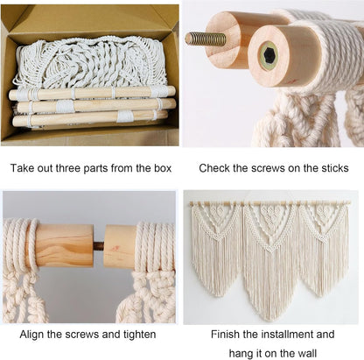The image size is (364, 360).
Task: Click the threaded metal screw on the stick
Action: (206, 39)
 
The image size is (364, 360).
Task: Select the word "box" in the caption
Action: (163, 168)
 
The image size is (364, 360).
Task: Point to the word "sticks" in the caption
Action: (335, 168)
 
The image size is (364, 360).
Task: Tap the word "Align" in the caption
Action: (31, 335)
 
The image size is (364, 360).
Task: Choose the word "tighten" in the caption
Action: (139, 335)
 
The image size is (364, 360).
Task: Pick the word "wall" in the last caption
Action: (307, 353)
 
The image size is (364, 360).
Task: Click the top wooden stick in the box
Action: (92, 93)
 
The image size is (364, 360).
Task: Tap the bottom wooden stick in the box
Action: (90, 118)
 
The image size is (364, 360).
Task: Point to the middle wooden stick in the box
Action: (96, 106)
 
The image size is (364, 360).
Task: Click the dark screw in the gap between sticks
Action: (99, 245)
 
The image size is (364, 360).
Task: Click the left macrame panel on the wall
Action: (216, 248)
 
